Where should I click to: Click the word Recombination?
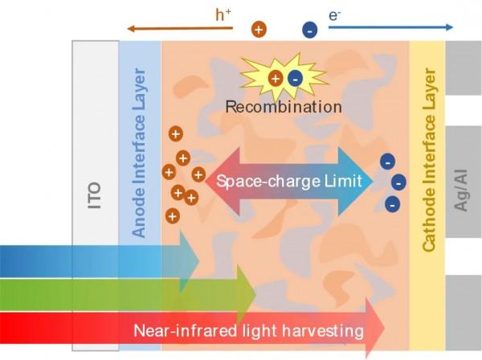pos(284,106)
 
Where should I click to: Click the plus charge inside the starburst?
pos(276,78)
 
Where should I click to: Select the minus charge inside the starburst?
pos(294,79)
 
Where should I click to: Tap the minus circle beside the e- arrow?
pos(309,30)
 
